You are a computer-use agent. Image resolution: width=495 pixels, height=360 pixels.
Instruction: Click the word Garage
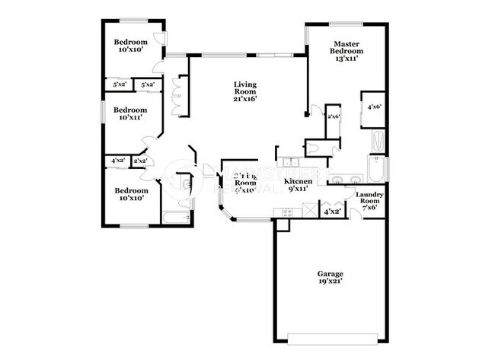coord(331,273)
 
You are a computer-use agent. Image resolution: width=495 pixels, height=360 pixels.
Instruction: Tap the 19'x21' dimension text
coord(331,282)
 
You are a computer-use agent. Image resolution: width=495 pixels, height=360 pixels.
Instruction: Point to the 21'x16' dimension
coord(245,98)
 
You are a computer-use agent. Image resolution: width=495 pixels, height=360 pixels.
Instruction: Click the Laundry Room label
coord(369,199)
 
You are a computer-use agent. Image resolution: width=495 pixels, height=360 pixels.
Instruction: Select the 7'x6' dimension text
coord(369,208)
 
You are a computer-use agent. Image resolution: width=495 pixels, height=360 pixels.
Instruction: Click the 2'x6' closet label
coord(333,116)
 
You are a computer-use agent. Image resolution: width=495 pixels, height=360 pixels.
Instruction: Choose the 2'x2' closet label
coord(140,161)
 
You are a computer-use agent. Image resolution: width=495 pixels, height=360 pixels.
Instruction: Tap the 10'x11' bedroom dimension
coord(124,118)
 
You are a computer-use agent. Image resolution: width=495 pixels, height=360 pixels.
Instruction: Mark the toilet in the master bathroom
coord(311,148)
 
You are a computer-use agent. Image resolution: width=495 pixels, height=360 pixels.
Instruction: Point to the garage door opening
coord(331,336)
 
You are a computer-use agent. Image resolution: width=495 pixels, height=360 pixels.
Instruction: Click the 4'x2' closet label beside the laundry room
coord(332,212)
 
